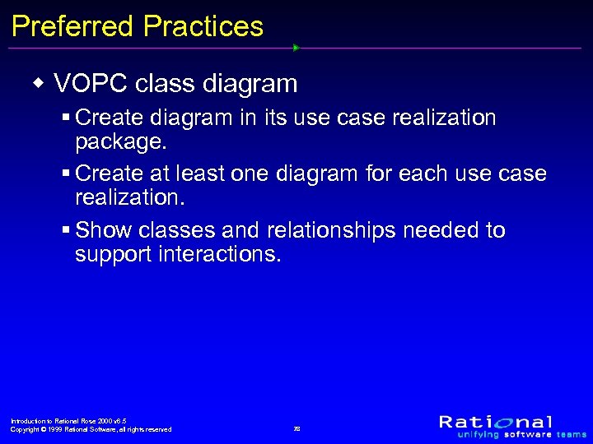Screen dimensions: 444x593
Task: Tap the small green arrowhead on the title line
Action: [x=296, y=48]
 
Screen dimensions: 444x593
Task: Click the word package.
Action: [x=121, y=142]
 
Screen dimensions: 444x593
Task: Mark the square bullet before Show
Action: [x=65, y=231]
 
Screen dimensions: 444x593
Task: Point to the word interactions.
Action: [x=221, y=255]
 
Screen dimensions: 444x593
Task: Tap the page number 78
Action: [x=297, y=429]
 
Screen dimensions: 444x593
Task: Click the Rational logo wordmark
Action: [x=496, y=422]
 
